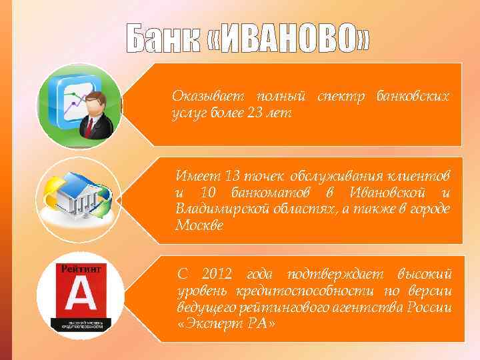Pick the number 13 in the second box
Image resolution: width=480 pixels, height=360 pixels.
pos(233,176)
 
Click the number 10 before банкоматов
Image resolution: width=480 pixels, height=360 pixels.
pos(206,193)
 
